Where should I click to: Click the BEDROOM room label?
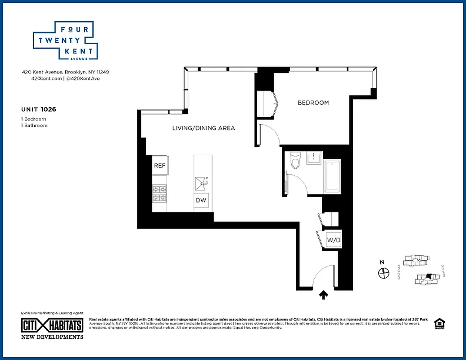(x=313, y=103)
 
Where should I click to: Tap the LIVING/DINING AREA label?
(x=204, y=128)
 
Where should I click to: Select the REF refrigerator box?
(x=160, y=166)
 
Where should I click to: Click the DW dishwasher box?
(x=201, y=201)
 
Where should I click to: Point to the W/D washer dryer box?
(x=334, y=240)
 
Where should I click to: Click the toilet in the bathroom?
(x=295, y=161)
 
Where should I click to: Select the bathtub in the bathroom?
(x=333, y=176)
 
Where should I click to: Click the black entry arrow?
(x=324, y=295)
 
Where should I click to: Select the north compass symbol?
(x=383, y=272)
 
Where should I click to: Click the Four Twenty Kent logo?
(x=66, y=40)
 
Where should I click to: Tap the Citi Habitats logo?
(x=52, y=325)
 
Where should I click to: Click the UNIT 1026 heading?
(x=38, y=109)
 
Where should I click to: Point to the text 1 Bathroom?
(x=34, y=126)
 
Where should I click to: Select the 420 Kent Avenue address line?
(x=66, y=72)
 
